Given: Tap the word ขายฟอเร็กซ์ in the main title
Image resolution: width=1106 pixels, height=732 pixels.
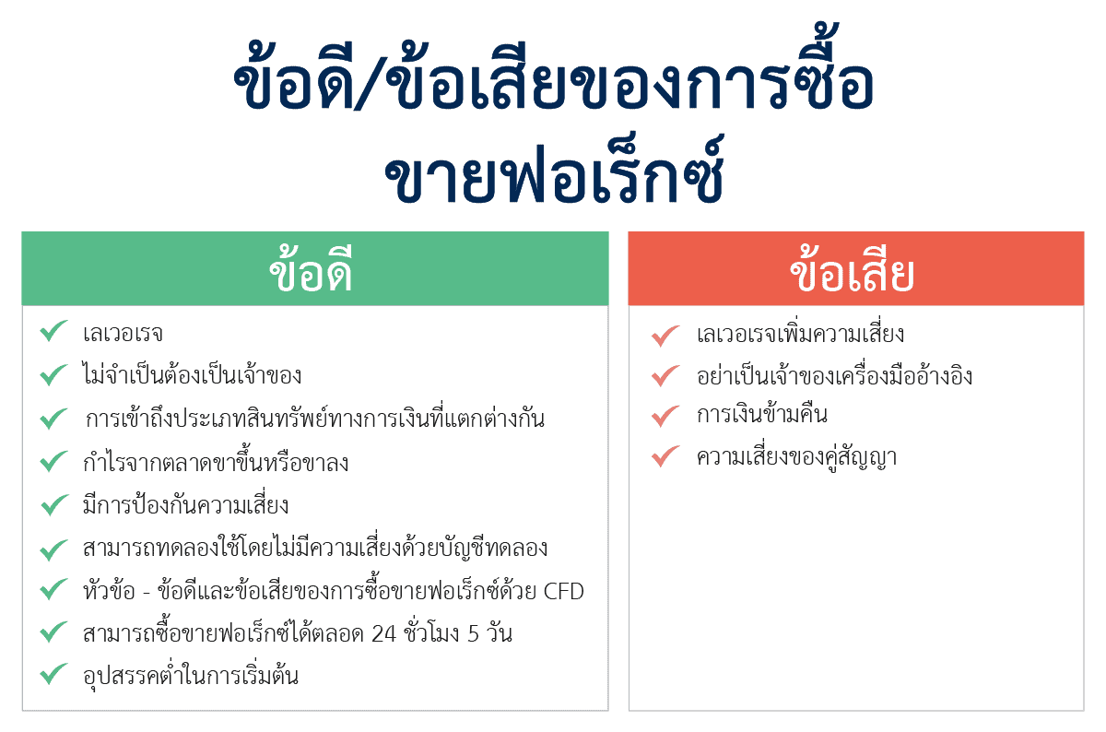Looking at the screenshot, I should (x=553, y=176).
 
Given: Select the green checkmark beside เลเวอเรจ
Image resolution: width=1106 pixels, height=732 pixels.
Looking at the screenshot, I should (x=53, y=332).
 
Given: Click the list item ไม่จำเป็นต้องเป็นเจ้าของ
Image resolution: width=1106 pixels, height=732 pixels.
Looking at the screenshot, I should (x=192, y=376).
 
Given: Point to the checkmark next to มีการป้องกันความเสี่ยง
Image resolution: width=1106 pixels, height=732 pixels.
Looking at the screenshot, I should (x=53, y=504).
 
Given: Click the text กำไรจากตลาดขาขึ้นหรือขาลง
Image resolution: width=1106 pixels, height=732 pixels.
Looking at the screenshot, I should (x=215, y=463).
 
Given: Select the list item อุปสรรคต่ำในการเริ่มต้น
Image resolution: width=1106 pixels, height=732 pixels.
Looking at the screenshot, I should (x=190, y=676).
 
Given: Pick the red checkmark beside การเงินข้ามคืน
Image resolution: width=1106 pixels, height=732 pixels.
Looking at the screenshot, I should (x=665, y=416).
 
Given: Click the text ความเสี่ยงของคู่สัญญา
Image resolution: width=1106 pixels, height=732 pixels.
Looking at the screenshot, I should (x=796, y=457).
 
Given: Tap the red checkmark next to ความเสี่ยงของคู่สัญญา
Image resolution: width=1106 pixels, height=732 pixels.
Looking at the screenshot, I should (x=665, y=456).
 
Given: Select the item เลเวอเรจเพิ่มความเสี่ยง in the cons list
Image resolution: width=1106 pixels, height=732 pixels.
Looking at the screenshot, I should (x=800, y=334).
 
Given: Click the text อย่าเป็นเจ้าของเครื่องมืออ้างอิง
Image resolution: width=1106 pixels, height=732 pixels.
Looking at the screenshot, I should (x=834, y=376).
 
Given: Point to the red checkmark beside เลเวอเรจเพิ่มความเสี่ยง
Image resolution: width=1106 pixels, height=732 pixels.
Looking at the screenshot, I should (x=665, y=336).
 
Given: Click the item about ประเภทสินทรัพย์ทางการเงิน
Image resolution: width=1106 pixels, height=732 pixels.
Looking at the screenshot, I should (x=314, y=419).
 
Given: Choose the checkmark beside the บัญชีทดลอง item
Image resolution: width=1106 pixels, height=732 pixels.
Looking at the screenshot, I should (x=53, y=549).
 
